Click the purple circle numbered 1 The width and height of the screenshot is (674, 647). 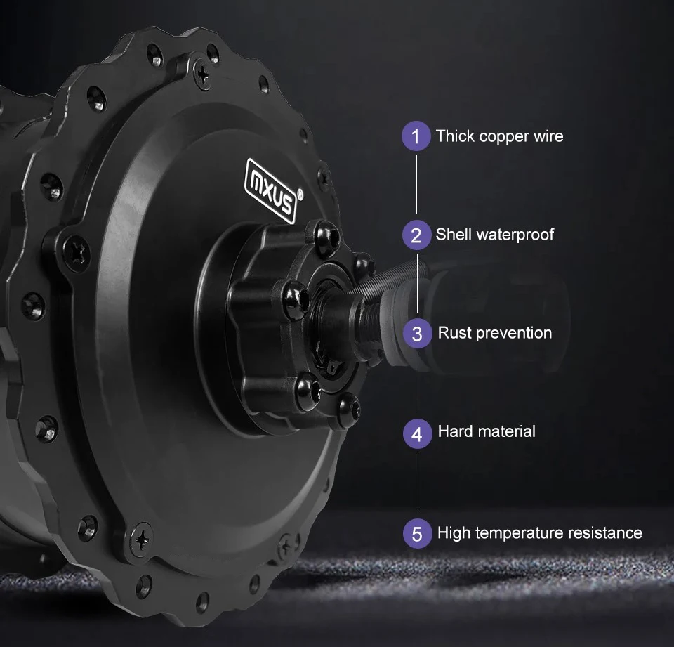(416, 136)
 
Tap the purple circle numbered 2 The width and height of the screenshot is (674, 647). (416, 235)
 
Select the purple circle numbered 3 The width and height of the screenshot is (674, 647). (417, 333)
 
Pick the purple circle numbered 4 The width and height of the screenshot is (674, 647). (417, 433)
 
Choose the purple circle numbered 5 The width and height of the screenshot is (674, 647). (417, 533)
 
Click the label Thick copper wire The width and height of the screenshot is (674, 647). (499, 136)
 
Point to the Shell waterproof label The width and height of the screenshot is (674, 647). (494, 234)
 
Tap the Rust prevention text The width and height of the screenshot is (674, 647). (494, 332)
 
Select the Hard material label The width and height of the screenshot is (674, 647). (486, 431)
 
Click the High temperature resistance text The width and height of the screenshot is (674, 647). (539, 532)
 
